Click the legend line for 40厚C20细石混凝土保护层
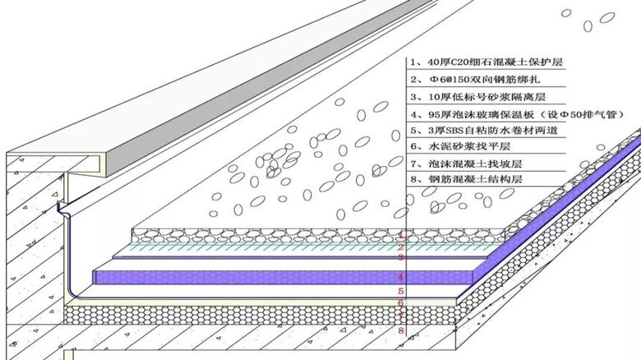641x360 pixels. [487, 62]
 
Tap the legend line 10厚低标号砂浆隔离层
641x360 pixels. [478, 97]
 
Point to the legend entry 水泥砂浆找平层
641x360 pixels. [461, 146]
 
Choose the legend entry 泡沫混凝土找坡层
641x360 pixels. [467, 164]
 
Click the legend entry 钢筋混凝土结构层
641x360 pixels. [467, 179]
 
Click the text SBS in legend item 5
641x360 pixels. [454, 131]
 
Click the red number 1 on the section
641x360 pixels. [401, 235]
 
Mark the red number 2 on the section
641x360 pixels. [401, 247]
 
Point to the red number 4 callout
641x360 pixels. [401, 277]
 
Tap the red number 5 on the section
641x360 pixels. [401, 291]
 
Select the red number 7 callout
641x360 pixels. [401, 316]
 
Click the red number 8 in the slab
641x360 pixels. [401, 330]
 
